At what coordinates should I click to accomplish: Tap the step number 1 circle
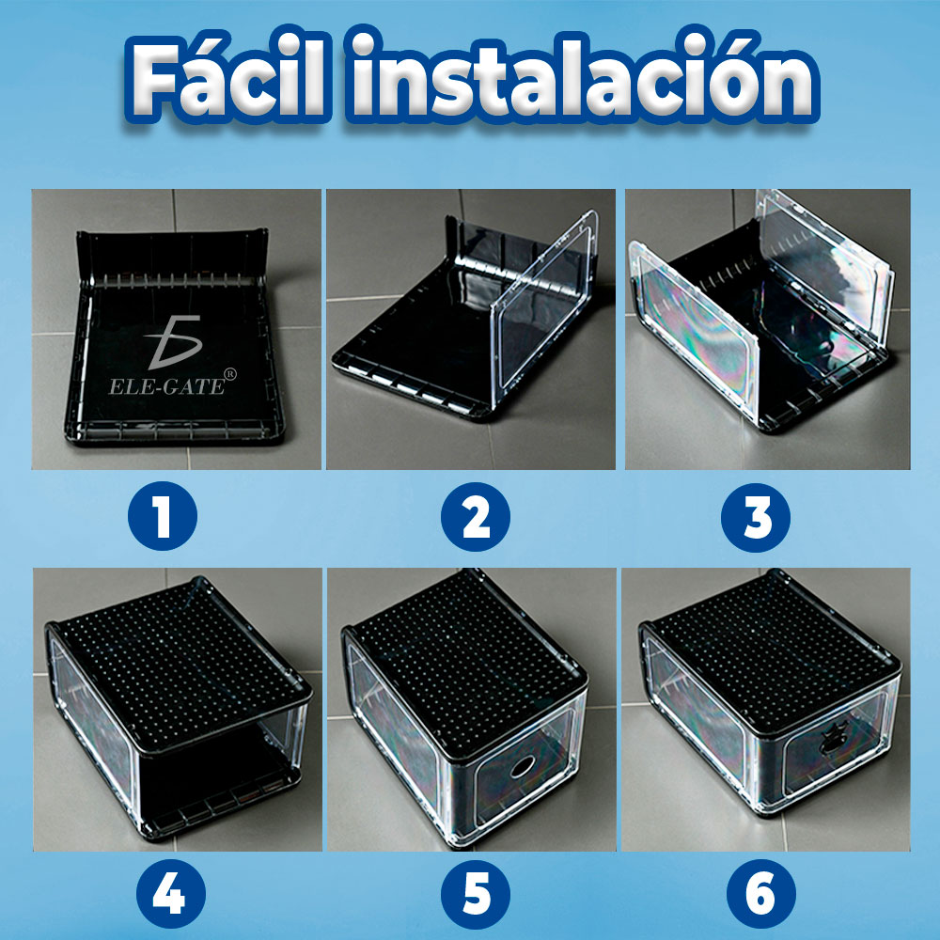pyautogui.click(x=163, y=515)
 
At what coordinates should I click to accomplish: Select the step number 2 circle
pyautogui.click(x=476, y=515)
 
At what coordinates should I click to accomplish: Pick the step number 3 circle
pyautogui.click(x=757, y=515)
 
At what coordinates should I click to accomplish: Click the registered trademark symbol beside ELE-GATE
pyautogui.click(x=231, y=372)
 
